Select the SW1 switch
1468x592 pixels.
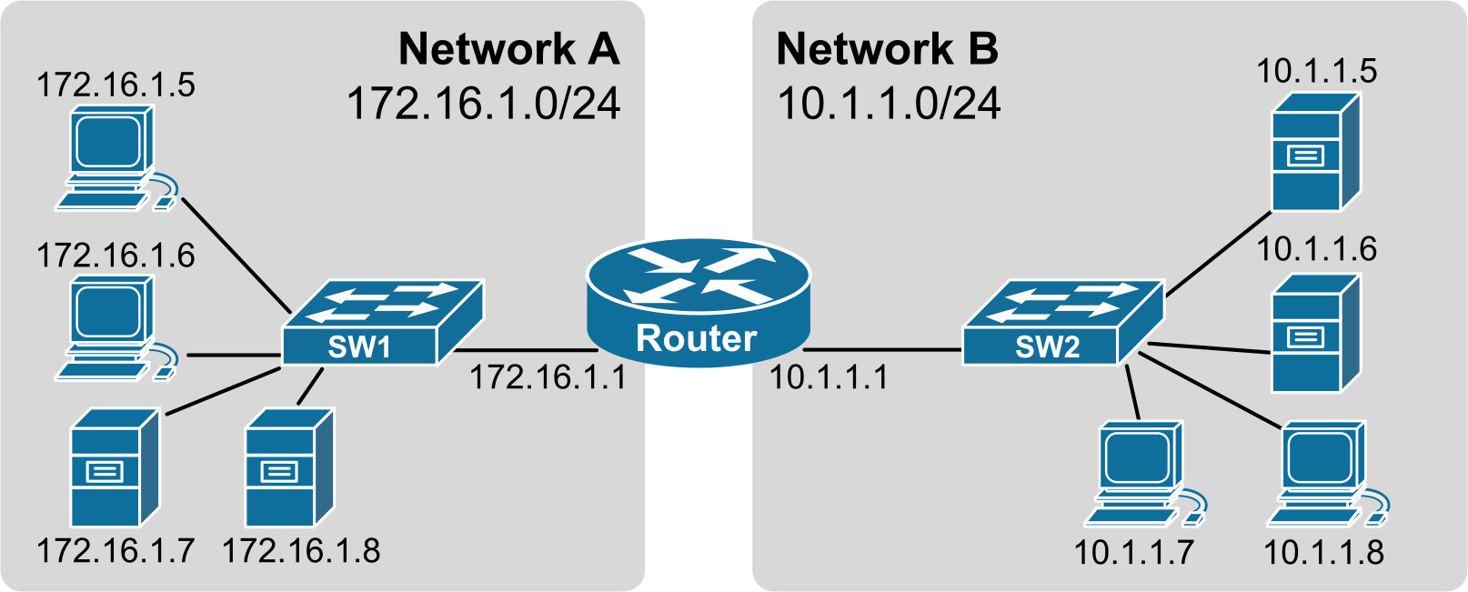(382, 324)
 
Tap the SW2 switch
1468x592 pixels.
(1062, 324)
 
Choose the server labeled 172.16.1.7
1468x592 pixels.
(115, 467)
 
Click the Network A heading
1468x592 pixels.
(509, 49)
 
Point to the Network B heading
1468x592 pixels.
(887, 49)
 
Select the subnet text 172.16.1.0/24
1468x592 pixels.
(484, 104)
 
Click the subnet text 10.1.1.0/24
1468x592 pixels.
(889, 104)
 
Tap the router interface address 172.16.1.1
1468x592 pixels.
(548, 377)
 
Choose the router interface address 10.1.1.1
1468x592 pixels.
(829, 377)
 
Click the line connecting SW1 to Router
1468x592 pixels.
(523, 350)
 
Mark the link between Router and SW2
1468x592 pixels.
(882, 349)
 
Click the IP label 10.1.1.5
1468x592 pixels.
(1316, 71)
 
